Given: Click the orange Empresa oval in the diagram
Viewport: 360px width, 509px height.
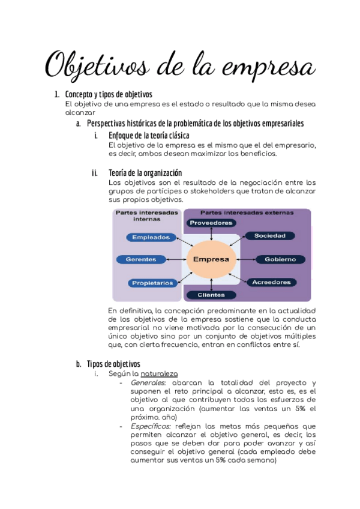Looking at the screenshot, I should tap(208, 259).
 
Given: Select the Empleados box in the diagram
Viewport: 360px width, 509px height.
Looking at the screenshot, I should tap(151, 237).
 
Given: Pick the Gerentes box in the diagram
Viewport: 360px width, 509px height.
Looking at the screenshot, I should tap(141, 259).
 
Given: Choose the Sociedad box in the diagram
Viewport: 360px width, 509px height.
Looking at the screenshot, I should tap(269, 236).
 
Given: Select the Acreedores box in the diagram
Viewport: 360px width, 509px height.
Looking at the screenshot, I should tap(272, 282).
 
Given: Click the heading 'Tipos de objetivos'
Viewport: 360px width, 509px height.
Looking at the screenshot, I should tap(113, 363).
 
